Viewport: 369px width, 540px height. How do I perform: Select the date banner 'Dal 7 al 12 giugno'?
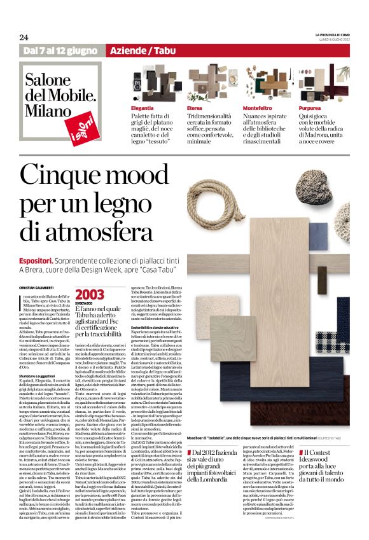tap(62, 50)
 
